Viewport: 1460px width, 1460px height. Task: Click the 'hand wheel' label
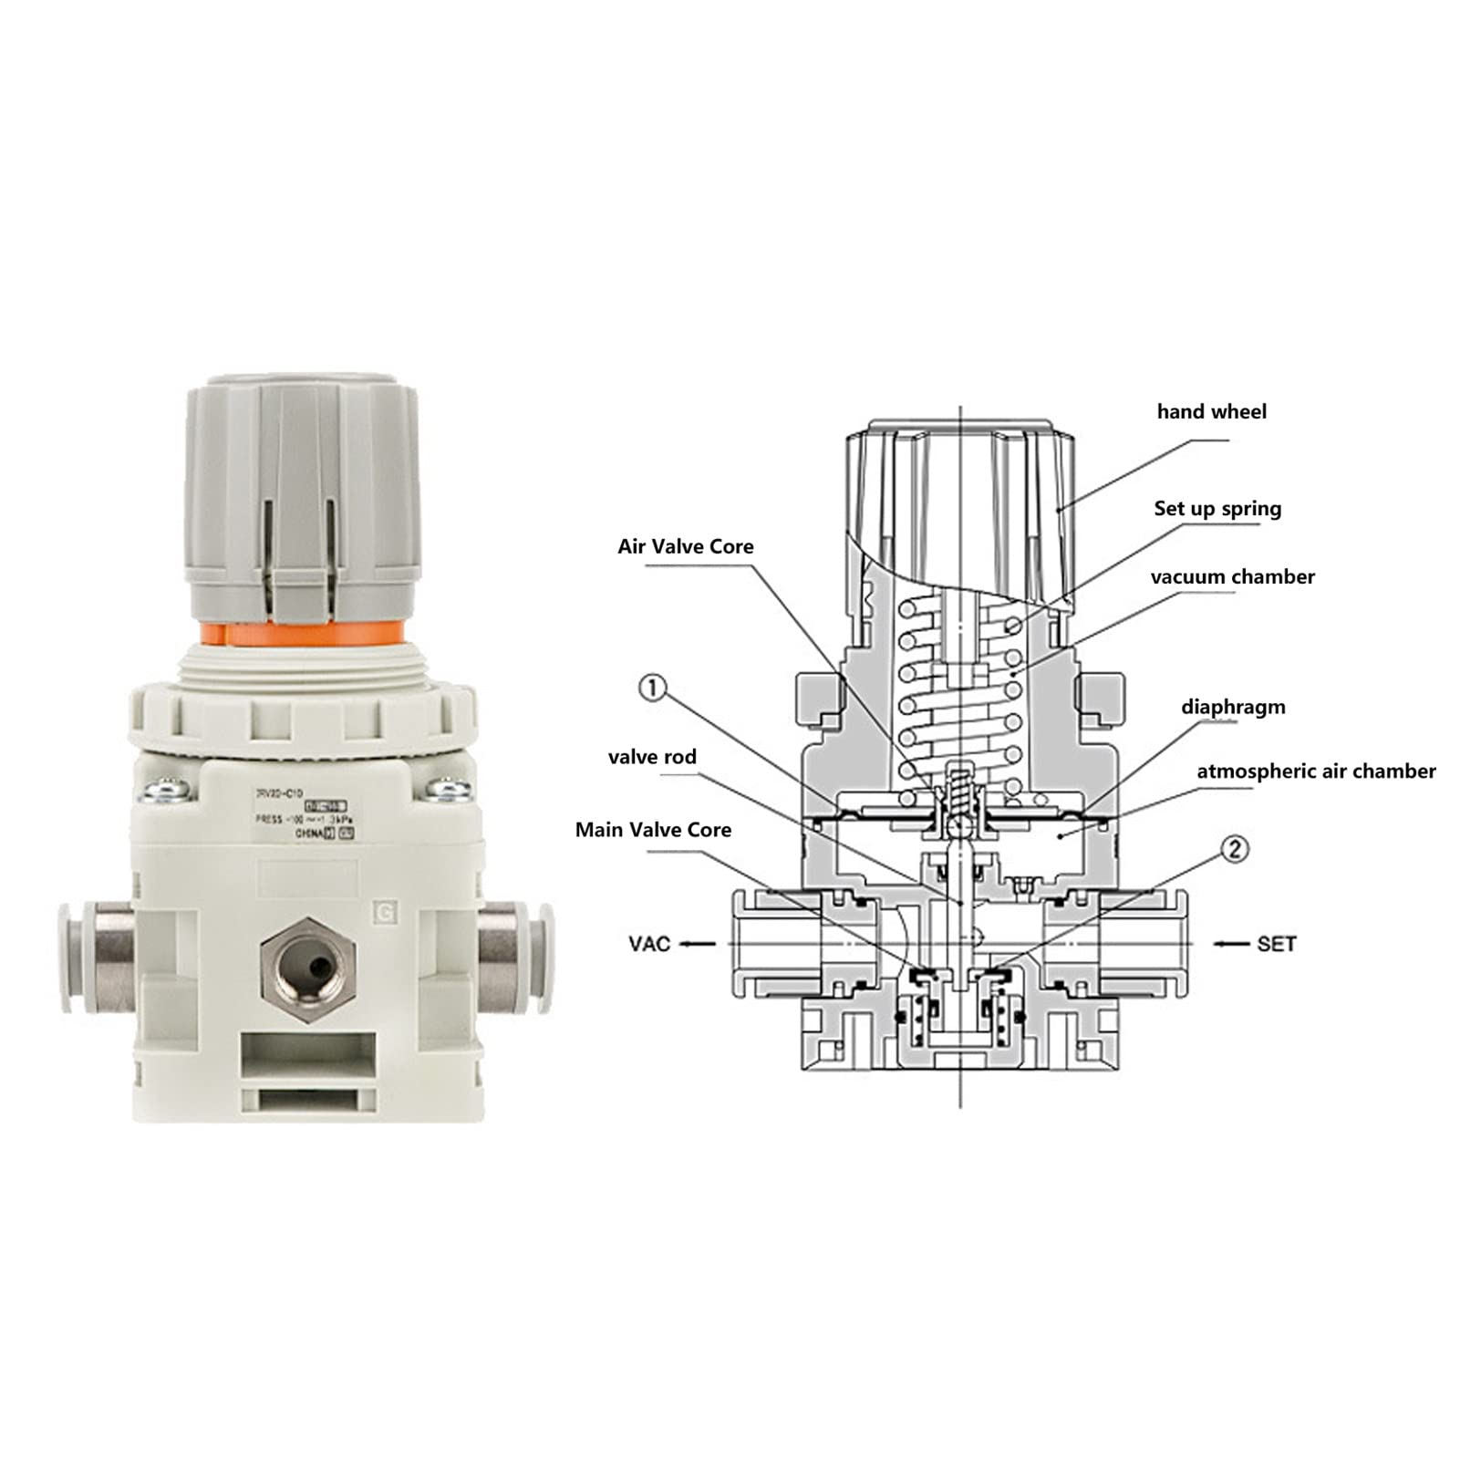tap(1211, 412)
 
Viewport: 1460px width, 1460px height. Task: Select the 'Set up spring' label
tap(1217, 509)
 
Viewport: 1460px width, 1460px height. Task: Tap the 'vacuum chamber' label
tap(1232, 577)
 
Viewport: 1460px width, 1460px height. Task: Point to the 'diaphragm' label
tap(1233, 707)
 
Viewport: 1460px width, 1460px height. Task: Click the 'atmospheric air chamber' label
tap(1315, 771)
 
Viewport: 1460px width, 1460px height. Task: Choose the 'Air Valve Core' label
tap(686, 546)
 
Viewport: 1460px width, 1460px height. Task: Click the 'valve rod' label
tap(652, 757)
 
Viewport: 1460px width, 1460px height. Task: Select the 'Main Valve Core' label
tap(653, 830)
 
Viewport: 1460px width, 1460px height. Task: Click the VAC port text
tap(649, 944)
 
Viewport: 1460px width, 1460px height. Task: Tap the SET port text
tap(1276, 944)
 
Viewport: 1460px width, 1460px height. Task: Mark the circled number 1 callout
tap(652, 688)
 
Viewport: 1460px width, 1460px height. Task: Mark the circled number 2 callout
tap(1234, 850)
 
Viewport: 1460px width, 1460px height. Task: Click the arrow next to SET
tap(1230, 944)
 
